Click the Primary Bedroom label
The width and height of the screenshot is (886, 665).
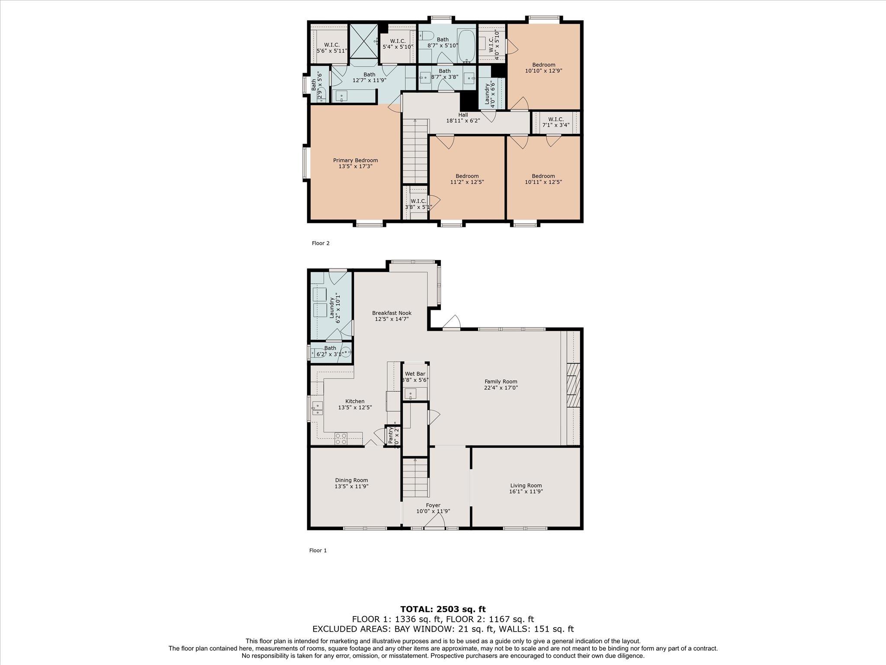click(x=355, y=160)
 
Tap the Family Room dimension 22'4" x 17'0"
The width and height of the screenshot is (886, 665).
click(x=501, y=388)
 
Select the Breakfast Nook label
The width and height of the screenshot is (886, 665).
click(x=392, y=313)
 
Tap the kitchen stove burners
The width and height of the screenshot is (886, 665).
click(x=340, y=438)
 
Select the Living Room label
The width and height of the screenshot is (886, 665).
click(x=526, y=485)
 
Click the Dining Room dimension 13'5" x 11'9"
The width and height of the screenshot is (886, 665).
click(x=351, y=486)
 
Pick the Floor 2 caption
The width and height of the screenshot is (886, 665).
click(x=321, y=243)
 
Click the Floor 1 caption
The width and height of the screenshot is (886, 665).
click(x=318, y=551)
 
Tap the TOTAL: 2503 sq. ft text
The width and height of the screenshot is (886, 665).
click(x=443, y=609)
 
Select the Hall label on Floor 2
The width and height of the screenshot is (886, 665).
click(x=463, y=115)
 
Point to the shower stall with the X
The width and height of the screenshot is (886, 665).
click(x=363, y=41)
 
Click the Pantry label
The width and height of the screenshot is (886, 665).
click(x=391, y=436)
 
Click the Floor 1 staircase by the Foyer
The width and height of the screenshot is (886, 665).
click(x=415, y=478)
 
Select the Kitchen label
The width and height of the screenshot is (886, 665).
click(x=354, y=401)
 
